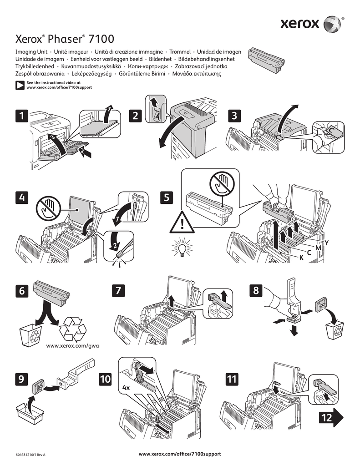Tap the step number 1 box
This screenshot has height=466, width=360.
coord(20,116)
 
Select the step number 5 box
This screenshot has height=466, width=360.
coord(167,198)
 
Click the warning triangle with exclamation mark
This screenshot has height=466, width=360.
coord(182,223)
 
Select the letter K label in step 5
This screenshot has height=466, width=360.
coord(301,258)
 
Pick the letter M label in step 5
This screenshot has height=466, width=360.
coord(318,247)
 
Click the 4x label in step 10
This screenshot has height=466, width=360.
coord(127,388)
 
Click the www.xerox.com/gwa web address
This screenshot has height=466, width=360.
coord(73,345)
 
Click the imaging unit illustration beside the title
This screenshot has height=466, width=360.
coord(267,59)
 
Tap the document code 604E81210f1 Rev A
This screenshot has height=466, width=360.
coord(30,455)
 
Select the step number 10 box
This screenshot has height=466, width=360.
coord(105,378)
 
